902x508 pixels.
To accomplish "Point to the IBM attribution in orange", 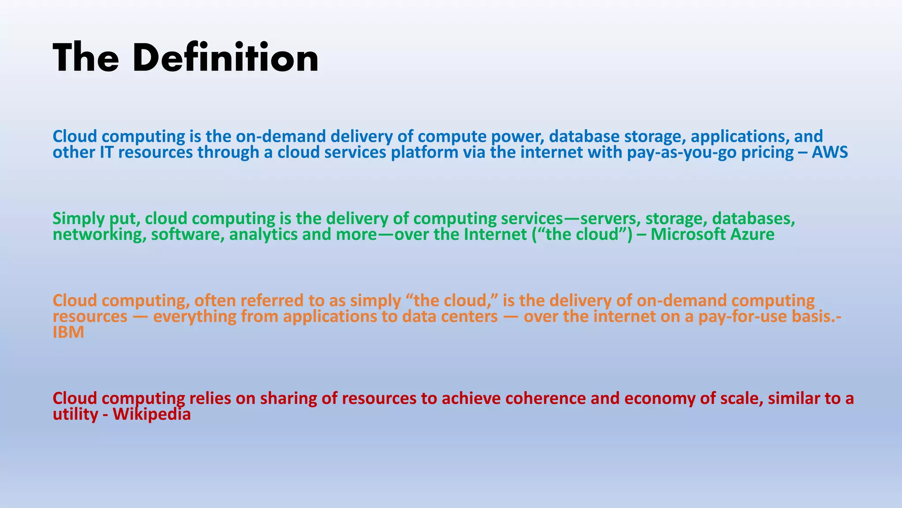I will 68,332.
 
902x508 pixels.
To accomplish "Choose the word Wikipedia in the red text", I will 152,415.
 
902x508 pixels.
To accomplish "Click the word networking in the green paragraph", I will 99,234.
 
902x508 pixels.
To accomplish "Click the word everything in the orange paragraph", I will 194,317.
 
